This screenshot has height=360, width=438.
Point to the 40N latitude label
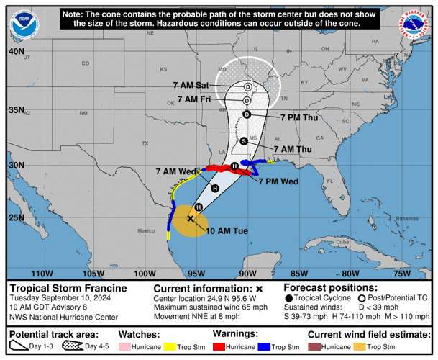[16, 52]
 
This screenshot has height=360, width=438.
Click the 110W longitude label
[42, 273]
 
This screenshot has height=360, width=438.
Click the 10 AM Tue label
[227, 230]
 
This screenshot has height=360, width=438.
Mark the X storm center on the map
[191, 218]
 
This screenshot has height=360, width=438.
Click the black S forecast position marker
[244, 140]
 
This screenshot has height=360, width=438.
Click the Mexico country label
[146, 230]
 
